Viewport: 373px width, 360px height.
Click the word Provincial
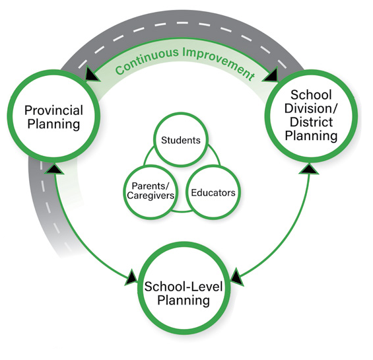53,110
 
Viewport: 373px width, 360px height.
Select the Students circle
181,140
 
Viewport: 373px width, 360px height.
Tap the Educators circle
213,192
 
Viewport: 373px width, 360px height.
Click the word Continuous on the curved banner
147,61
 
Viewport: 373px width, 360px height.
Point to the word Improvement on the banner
219,63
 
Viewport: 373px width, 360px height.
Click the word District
311,122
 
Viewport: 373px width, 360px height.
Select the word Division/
311,108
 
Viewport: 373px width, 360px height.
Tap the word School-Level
184,287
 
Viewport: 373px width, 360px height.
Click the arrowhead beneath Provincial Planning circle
55,168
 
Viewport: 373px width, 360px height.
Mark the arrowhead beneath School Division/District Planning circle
309,168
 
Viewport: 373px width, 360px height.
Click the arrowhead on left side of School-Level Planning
131,277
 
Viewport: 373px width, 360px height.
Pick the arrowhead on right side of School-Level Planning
237,277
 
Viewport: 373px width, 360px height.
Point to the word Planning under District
311,136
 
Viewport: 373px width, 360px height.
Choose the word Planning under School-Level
184,301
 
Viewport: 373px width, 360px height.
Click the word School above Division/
311,95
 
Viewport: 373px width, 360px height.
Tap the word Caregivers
151,196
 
